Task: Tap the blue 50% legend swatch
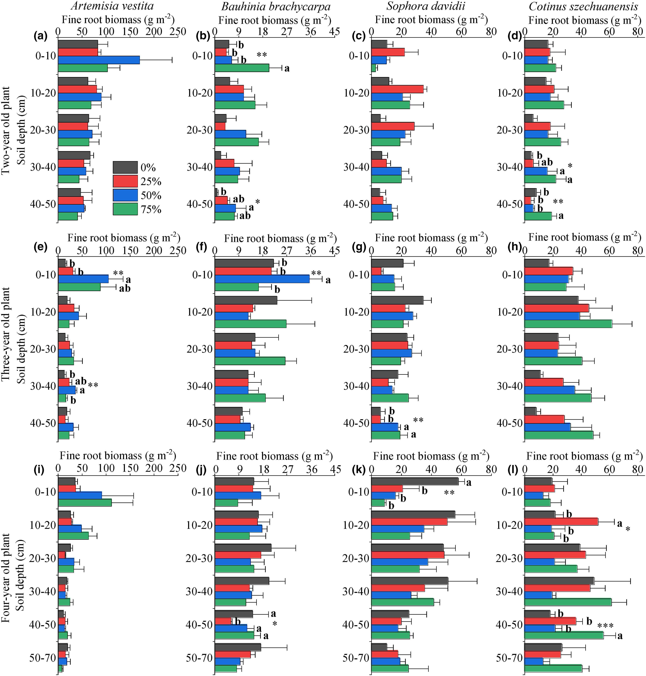coord(125,195)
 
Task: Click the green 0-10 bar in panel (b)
coord(242,68)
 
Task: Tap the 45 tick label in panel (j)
coord(336,469)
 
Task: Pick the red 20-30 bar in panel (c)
coord(393,126)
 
